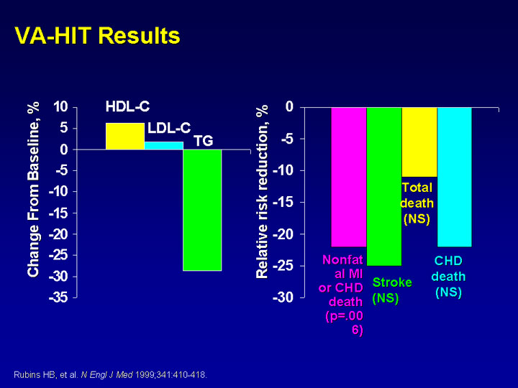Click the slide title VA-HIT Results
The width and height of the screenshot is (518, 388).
click(97, 35)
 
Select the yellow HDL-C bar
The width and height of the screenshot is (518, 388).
click(125, 137)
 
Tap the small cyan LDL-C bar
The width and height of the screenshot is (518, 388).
click(164, 145)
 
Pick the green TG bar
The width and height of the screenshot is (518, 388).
click(202, 210)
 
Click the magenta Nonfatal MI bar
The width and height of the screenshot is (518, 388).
click(349, 177)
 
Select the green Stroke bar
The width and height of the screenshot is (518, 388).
click(384, 186)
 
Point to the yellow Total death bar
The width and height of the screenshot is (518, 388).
click(419, 142)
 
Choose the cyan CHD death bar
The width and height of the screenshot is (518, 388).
click(455, 177)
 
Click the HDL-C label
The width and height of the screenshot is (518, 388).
click(127, 106)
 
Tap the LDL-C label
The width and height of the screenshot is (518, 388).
click(169, 128)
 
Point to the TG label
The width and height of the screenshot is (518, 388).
click(204, 141)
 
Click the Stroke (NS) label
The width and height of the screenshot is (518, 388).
click(392, 290)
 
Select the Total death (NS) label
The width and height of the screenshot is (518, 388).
click(417, 203)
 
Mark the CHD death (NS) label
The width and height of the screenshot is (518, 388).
click(448, 277)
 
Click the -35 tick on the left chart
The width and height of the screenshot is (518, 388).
click(58, 297)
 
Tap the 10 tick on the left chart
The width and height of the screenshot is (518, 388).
click(60, 107)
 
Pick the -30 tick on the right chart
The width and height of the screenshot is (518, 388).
click(283, 297)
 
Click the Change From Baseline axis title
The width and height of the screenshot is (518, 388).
click(34, 190)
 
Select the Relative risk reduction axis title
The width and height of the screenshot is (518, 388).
click(262, 192)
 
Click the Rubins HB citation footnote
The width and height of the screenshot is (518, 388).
click(110, 375)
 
